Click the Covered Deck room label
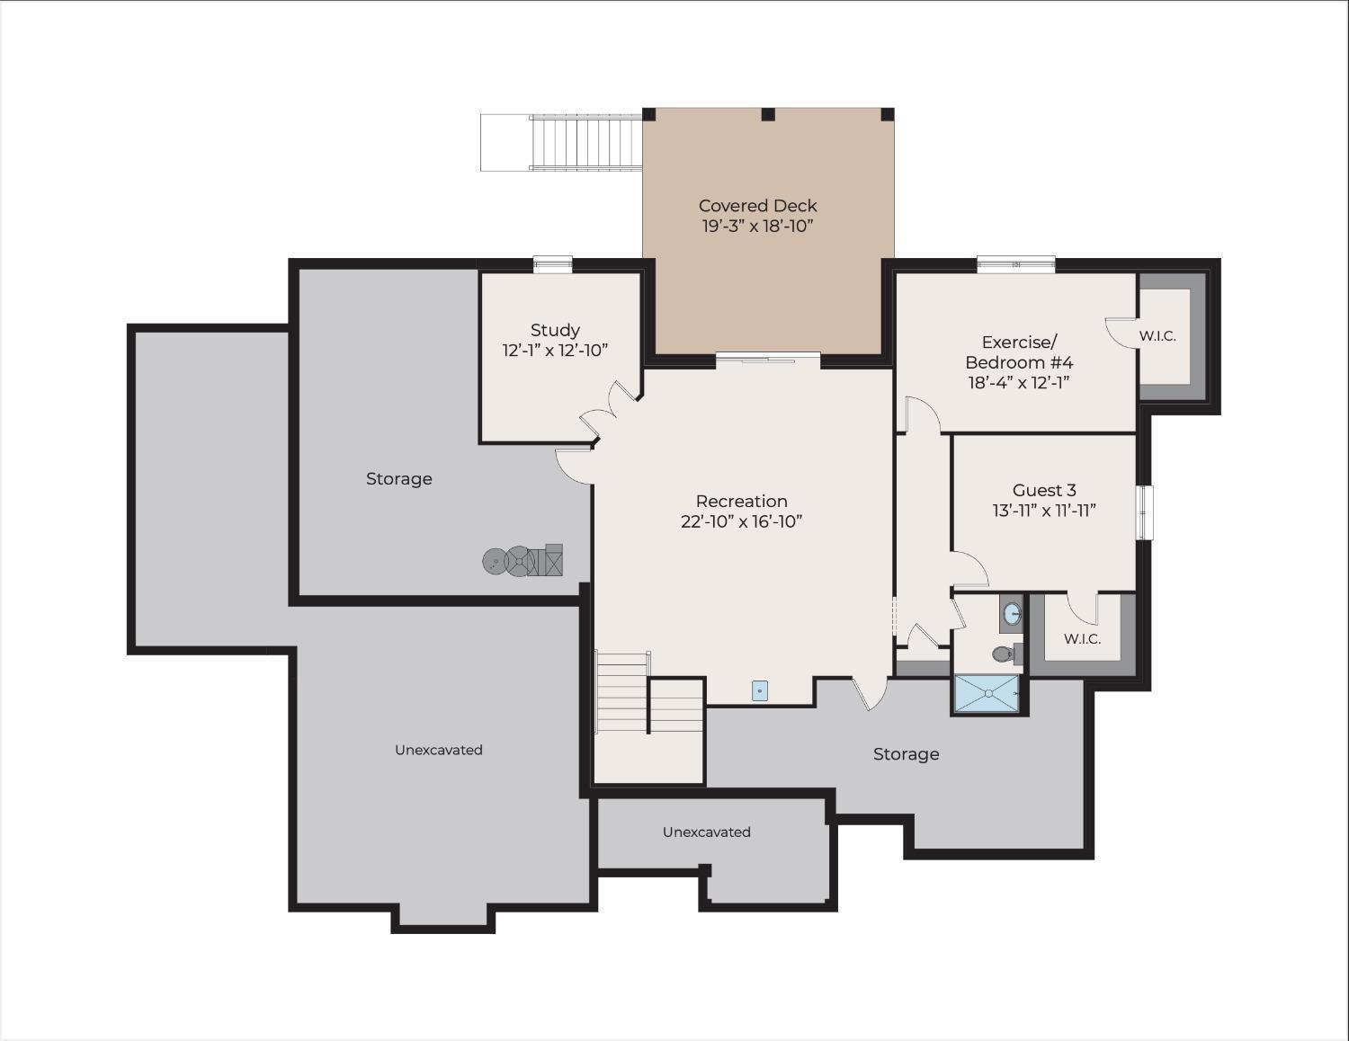(x=757, y=206)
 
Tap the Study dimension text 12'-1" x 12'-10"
(x=555, y=351)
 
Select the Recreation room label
(x=741, y=502)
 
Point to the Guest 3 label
(x=1044, y=491)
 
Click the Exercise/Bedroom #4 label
(x=1019, y=352)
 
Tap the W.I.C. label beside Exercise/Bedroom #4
(x=1157, y=336)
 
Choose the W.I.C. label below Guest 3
(x=1082, y=639)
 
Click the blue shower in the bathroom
(x=987, y=693)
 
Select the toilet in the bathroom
(x=1004, y=654)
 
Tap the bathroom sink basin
(x=1012, y=615)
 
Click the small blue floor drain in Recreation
(x=760, y=690)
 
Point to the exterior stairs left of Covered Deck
(x=585, y=142)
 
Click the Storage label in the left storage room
(x=398, y=479)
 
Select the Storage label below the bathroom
(x=906, y=754)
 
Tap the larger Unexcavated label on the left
(x=439, y=750)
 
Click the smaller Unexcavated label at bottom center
(x=706, y=832)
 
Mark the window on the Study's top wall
(x=552, y=263)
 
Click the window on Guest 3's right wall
(x=1144, y=512)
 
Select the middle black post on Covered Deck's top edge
(x=768, y=114)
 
